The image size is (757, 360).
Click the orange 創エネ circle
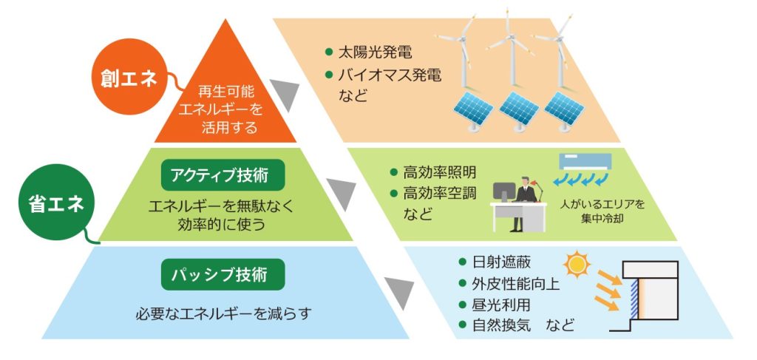click(x=129, y=78)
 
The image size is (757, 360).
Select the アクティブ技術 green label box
click(x=223, y=175)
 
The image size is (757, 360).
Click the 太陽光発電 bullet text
click(x=375, y=52)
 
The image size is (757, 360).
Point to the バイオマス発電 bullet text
click(x=390, y=75)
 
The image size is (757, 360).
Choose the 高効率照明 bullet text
click(x=439, y=171)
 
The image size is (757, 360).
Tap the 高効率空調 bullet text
click(x=439, y=194)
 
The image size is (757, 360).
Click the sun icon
click(x=577, y=265)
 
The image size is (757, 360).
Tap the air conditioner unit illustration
click(x=585, y=163)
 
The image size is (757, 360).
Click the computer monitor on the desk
click(x=503, y=192)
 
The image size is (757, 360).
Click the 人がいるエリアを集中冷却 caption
click(x=602, y=211)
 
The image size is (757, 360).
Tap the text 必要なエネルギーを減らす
click(x=223, y=314)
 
